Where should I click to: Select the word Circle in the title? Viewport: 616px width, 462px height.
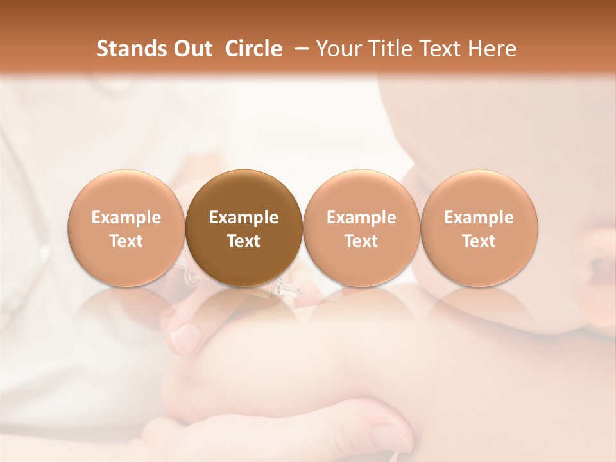pos(253,49)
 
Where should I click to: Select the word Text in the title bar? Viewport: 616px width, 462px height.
pos(443,49)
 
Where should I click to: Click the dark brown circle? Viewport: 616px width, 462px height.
pos(244,228)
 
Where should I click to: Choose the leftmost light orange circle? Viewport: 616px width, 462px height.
pos(126,228)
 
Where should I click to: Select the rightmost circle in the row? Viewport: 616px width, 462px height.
pos(479,228)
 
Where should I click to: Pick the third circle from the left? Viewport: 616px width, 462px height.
pos(361,228)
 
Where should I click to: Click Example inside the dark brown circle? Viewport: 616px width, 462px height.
pos(244,218)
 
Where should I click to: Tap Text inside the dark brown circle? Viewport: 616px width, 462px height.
pos(244,241)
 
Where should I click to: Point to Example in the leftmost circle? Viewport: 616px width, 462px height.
pos(126,218)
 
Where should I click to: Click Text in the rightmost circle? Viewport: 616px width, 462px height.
pos(479,241)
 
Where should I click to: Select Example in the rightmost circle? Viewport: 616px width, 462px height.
pos(479,218)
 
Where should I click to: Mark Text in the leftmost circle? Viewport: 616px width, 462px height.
pos(126,241)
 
